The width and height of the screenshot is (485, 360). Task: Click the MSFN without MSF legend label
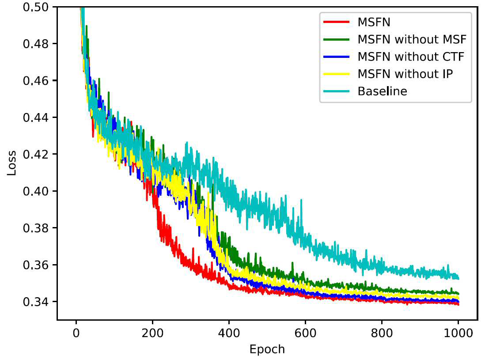coord(412,39)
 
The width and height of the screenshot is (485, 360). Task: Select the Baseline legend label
coord(383,91)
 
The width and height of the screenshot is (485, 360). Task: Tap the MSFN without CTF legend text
coord(411,57)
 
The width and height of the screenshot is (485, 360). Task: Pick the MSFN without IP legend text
coord(405,74)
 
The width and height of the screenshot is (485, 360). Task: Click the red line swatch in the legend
coord(337,22)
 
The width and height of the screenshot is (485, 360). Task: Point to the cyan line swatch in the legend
coord(337,91)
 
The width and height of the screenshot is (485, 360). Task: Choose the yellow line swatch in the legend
coord(337,74)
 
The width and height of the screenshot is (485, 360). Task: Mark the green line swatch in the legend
coord(337,39)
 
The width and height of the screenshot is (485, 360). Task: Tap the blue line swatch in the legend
coord(337,57)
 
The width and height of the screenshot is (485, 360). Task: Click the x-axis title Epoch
coord(267,349)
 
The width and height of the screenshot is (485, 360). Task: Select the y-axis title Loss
coord(11,163)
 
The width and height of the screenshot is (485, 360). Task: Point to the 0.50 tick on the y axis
coord(36,7)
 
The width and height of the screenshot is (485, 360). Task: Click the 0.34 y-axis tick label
coord(36,302)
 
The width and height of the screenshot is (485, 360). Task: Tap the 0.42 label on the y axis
coord(36,154)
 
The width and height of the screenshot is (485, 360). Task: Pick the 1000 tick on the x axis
coord(458,333)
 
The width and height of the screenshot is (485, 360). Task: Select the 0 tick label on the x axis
coord(76,333)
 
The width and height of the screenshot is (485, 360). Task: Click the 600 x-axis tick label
coord(305,333)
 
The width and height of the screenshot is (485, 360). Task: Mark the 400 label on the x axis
coord(229,333)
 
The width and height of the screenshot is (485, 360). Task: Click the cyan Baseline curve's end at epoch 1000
coord(458,278)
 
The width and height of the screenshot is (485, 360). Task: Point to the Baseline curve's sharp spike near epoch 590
coord(301,201)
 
